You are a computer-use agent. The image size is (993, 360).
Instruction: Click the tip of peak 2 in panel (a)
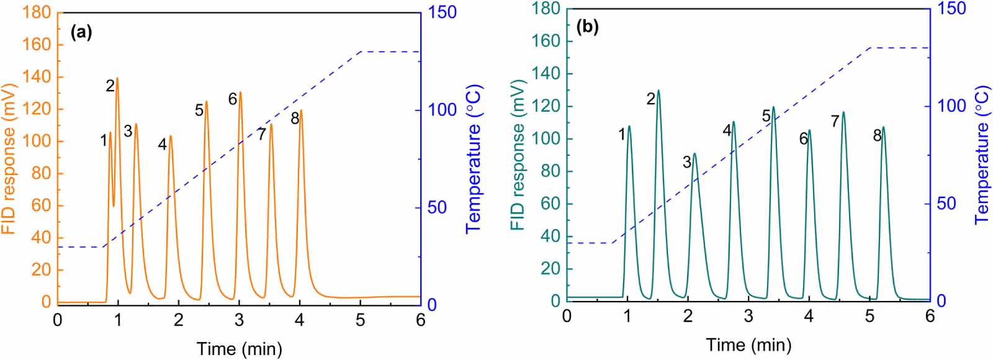coord(117,78)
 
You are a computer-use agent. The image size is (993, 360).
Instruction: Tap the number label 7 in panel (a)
coord(262,134)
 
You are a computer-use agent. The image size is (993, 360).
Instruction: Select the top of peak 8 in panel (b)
coord(883,127)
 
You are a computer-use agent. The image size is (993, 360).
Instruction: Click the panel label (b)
coord(587,28)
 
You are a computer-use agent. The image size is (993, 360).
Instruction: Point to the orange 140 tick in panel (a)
coord(37,77)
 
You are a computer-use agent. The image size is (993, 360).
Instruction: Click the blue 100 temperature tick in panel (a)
coord(441,109)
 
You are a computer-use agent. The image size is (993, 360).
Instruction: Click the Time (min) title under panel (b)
coord(748,344)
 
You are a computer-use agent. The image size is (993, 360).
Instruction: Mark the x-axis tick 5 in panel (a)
coord(361,320)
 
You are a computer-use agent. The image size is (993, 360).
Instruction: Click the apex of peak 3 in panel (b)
coord(695,153)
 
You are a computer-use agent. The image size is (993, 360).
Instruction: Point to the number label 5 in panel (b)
coord(766,116)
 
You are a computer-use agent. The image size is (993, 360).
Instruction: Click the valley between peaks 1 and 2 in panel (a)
coord(114,206)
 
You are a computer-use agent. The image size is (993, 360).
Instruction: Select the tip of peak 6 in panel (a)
coord(240,92)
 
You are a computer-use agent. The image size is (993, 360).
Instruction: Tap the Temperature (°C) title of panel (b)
coord(982,155)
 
